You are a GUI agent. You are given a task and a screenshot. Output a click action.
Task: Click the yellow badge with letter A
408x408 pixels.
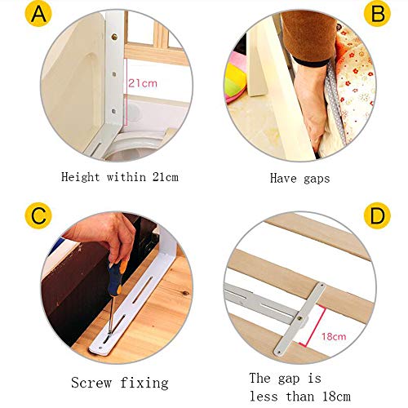38,14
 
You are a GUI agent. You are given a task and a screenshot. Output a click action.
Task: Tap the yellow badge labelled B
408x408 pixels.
377,14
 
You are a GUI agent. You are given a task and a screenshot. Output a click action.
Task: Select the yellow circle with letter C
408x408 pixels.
38,215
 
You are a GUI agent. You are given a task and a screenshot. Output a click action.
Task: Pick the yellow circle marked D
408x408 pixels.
377,215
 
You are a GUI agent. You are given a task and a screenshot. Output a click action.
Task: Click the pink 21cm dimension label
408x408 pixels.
143,83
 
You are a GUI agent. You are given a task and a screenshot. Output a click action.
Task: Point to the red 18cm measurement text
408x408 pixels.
334,336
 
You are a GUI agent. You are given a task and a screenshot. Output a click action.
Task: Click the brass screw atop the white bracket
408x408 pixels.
114,37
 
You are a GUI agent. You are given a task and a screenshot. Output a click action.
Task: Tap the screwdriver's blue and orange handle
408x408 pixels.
116,277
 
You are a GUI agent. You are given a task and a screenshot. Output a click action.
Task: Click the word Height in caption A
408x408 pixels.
81,177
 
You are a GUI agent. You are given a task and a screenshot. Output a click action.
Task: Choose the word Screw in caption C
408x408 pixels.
91,383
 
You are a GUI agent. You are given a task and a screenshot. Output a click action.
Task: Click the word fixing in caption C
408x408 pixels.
144,384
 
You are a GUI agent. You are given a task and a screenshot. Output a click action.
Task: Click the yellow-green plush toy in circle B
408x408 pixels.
235,79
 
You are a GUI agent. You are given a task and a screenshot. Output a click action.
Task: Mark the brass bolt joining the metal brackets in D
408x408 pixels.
301,317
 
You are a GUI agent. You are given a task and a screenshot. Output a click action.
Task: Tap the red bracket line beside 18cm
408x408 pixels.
313,326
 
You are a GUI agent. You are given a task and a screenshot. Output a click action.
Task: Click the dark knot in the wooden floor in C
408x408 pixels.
186,294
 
